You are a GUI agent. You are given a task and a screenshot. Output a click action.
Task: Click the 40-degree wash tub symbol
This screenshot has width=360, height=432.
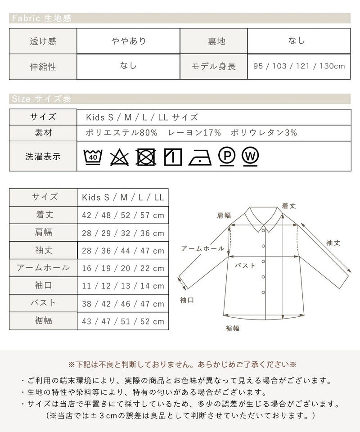93,157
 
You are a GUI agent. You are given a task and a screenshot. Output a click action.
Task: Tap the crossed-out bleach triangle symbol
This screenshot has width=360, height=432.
119,157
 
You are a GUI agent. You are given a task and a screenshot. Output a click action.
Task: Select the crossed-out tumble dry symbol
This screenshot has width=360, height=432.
146,157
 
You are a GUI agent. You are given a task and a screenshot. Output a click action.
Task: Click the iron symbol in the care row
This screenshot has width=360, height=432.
200,157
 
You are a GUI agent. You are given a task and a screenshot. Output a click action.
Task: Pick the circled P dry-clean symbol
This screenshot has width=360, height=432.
227,156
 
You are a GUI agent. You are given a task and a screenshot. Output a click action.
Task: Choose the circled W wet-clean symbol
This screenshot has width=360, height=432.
250,157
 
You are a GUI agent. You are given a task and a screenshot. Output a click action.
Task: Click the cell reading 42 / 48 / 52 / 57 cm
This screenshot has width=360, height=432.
123,215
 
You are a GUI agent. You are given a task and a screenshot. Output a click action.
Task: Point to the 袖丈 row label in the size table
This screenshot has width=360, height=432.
44,250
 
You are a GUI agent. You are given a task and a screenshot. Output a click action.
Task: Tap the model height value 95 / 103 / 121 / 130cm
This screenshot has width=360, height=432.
299,66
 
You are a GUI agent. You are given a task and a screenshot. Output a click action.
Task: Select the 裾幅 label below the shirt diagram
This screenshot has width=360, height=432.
233,328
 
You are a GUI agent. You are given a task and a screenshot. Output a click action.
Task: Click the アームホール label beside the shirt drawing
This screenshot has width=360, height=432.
202,248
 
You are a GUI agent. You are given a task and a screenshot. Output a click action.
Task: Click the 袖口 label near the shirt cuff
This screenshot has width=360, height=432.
187,300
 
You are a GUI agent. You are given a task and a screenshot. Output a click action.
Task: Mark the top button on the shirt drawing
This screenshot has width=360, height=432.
263,230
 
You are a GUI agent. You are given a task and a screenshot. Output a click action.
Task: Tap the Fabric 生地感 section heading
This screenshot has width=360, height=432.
41,18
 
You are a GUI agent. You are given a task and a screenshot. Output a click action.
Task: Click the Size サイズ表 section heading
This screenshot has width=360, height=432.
41,99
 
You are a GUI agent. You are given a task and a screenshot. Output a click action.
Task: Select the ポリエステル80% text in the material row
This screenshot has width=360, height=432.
121,133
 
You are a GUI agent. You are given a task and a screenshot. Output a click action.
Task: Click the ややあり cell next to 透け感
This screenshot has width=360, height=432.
129,41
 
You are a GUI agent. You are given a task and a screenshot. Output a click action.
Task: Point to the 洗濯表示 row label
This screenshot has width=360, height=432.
43,157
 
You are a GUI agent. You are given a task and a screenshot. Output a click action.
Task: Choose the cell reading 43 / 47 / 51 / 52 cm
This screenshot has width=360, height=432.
123,321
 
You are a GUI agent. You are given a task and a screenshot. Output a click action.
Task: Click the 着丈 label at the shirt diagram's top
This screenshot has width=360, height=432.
289,206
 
